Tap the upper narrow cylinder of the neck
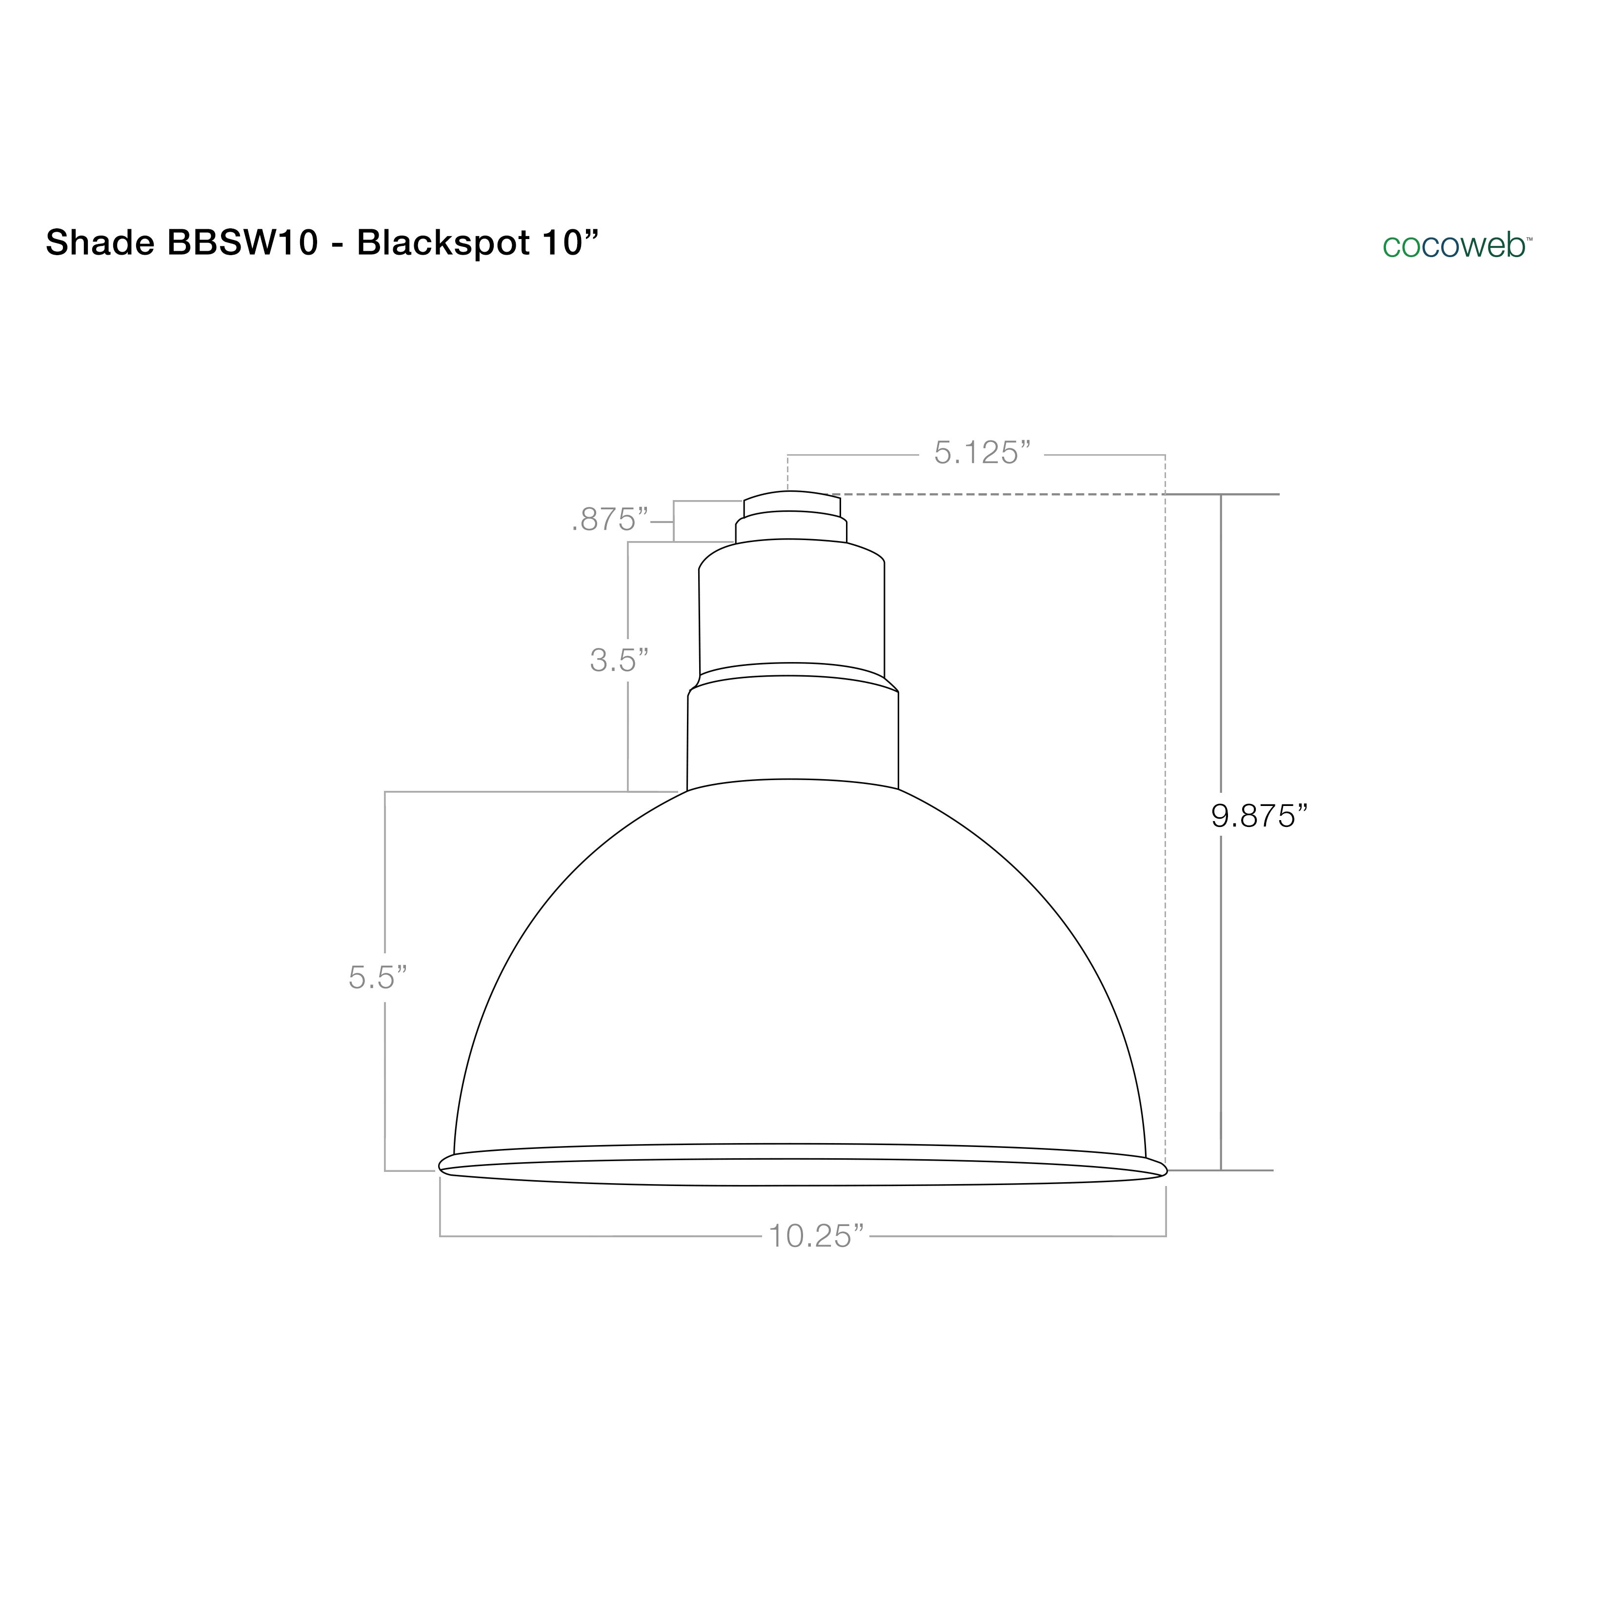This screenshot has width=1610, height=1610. (x=792, y=608)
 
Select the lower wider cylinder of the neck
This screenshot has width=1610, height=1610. (x=792, y=733)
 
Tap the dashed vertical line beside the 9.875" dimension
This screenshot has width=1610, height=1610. (x=1164, y=833)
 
